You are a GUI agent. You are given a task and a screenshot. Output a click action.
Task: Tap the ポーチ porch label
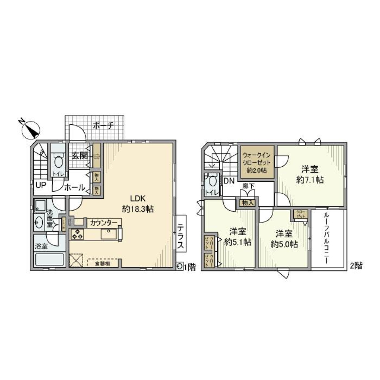(104, 125)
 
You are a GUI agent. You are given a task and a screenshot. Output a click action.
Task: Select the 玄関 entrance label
(79, 156)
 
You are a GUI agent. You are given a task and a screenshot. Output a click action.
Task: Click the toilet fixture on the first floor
(59, 161)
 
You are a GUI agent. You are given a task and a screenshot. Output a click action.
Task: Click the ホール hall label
(74, 188)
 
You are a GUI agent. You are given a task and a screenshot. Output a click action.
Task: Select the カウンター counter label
(104, 222)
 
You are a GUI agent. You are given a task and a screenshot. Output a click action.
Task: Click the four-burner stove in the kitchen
(77, 234)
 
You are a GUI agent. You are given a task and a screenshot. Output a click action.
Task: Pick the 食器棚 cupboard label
(102, 263)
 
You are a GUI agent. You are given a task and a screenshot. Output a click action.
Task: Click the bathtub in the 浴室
(50, 259)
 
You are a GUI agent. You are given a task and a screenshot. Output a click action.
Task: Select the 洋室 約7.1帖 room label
(310, 175)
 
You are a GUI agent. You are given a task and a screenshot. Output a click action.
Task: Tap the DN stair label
(229, 181)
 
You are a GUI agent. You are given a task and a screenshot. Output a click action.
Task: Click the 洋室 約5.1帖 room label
(237, 237)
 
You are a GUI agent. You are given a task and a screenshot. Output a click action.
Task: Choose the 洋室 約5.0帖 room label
(284, 239)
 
